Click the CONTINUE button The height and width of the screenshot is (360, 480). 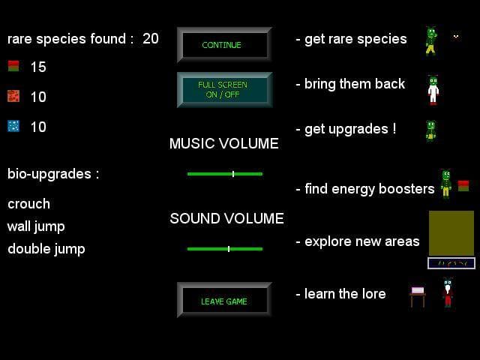pos(224,45)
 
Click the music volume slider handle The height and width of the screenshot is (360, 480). pos(233,174)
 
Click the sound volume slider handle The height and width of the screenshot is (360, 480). pos(229,249)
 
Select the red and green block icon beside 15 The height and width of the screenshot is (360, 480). pos(13,66)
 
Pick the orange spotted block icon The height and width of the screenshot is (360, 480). pos(13,96)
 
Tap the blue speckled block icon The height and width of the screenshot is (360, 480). pos(13,126)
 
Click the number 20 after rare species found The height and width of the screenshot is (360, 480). pos(151,38)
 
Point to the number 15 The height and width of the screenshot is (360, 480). pos(38,67)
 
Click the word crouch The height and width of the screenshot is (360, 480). pos(28,204)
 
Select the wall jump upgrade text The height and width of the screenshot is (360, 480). pos(36,226)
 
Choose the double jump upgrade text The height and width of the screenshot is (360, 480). pos(46,249)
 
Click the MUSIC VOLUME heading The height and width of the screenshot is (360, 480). pos(224,143)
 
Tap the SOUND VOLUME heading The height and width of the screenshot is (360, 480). pos(226,218)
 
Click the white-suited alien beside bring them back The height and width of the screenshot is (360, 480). pos(433,90)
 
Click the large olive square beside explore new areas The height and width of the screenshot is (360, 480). pos(451,233)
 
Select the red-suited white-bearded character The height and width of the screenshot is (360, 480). pos(448,292)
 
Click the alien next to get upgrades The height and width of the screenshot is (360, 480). pos(431,131)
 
